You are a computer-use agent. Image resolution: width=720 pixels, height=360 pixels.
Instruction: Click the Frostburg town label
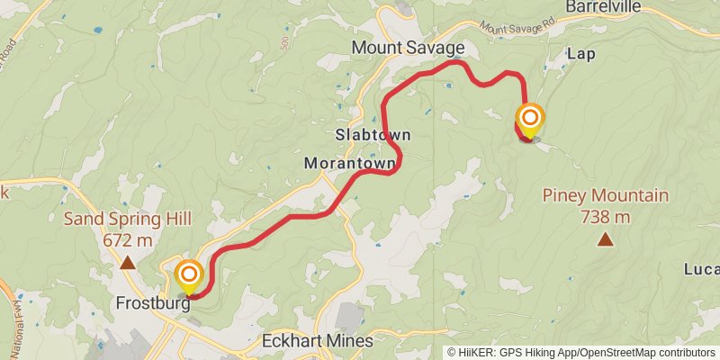point(153,304)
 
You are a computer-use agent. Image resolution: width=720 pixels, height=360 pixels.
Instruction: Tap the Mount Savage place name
point(409,47)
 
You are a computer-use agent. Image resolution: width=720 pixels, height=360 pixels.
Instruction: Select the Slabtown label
point(373,134)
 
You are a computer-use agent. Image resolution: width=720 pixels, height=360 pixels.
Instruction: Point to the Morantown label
point(350,164)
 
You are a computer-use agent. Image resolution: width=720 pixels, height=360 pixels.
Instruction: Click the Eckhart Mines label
point(316,342)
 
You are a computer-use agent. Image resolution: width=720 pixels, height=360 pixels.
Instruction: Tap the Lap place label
point(581,54)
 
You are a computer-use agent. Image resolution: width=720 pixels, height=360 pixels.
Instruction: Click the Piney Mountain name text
point(605,195)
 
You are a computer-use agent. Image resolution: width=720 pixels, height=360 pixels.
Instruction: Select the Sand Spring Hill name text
point(128,219)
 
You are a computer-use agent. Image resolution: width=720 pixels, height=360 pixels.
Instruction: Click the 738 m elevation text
point(605,217)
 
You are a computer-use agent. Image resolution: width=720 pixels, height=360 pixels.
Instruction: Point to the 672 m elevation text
point(128,240)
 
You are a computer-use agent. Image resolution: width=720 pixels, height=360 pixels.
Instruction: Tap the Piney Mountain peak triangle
point(605,239)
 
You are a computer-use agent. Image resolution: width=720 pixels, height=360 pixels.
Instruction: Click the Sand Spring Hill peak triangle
point(128,263)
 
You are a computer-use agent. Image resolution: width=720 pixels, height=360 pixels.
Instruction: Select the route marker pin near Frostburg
point(190,275)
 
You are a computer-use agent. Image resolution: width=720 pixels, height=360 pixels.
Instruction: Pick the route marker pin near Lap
point(530,121)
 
